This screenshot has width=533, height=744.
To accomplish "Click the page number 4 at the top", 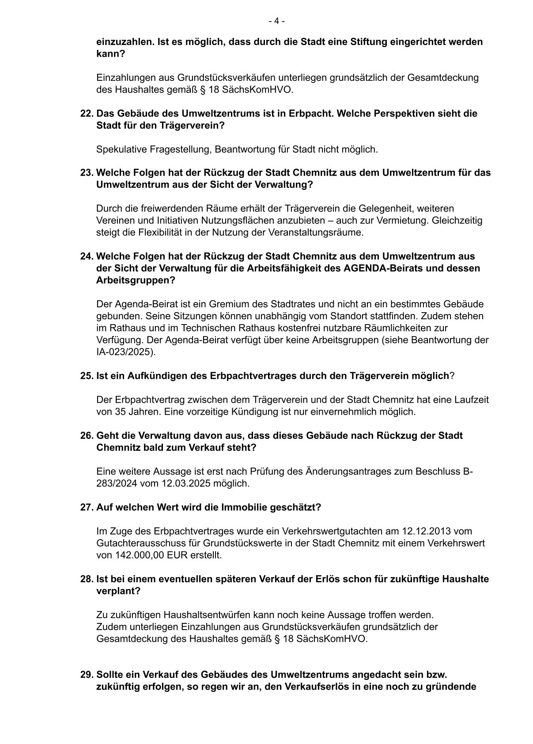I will (x=276, y=21).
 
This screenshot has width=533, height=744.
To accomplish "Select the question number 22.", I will (x=86, y=113).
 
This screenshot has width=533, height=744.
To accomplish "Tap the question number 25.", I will (x=86, y=376).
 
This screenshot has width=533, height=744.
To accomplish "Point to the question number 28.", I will (x=86, y=579).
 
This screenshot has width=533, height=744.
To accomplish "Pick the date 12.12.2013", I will (x=424, y=531).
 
